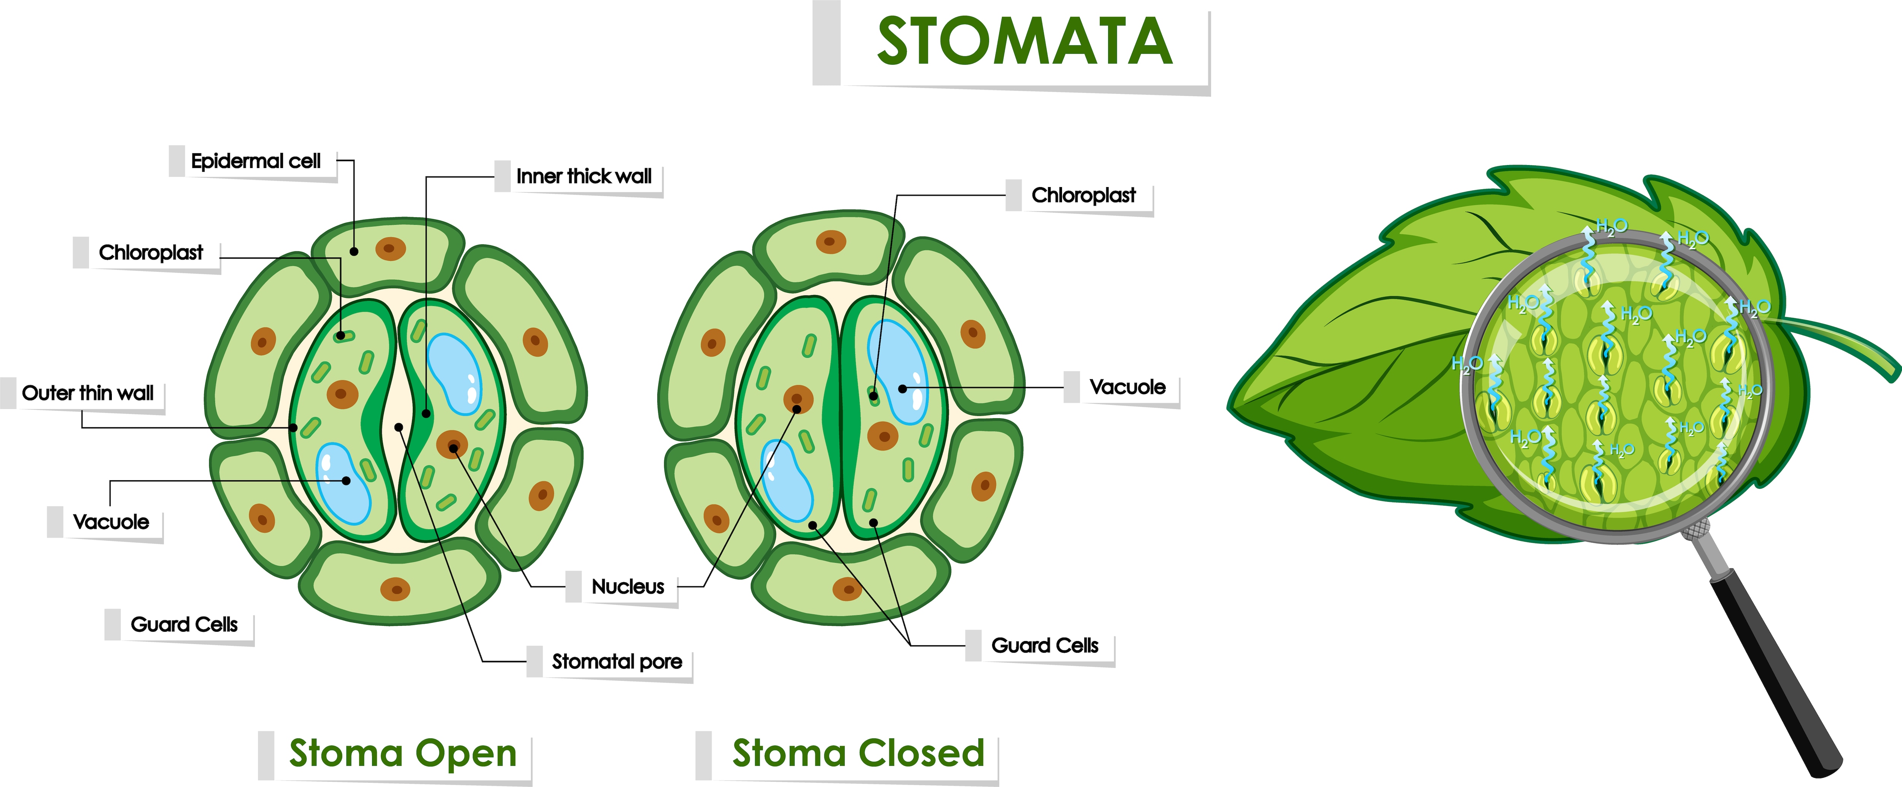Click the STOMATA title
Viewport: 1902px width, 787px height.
click(1024, 42)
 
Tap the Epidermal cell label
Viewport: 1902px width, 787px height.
click(256, 161)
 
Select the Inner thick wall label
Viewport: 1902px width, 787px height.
click(583, 176)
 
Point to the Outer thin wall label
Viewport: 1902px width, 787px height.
click(88, 393)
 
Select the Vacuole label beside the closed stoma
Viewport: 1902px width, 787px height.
click(1128, 387)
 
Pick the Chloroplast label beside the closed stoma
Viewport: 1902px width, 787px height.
click(1083, 196)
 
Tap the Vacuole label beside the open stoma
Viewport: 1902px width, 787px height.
click(111, 522)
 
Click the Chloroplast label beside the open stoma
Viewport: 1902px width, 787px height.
click(151, 252)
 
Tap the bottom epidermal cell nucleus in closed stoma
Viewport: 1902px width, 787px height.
click(847, 589)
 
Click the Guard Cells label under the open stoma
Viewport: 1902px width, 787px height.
click(184, 625)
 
